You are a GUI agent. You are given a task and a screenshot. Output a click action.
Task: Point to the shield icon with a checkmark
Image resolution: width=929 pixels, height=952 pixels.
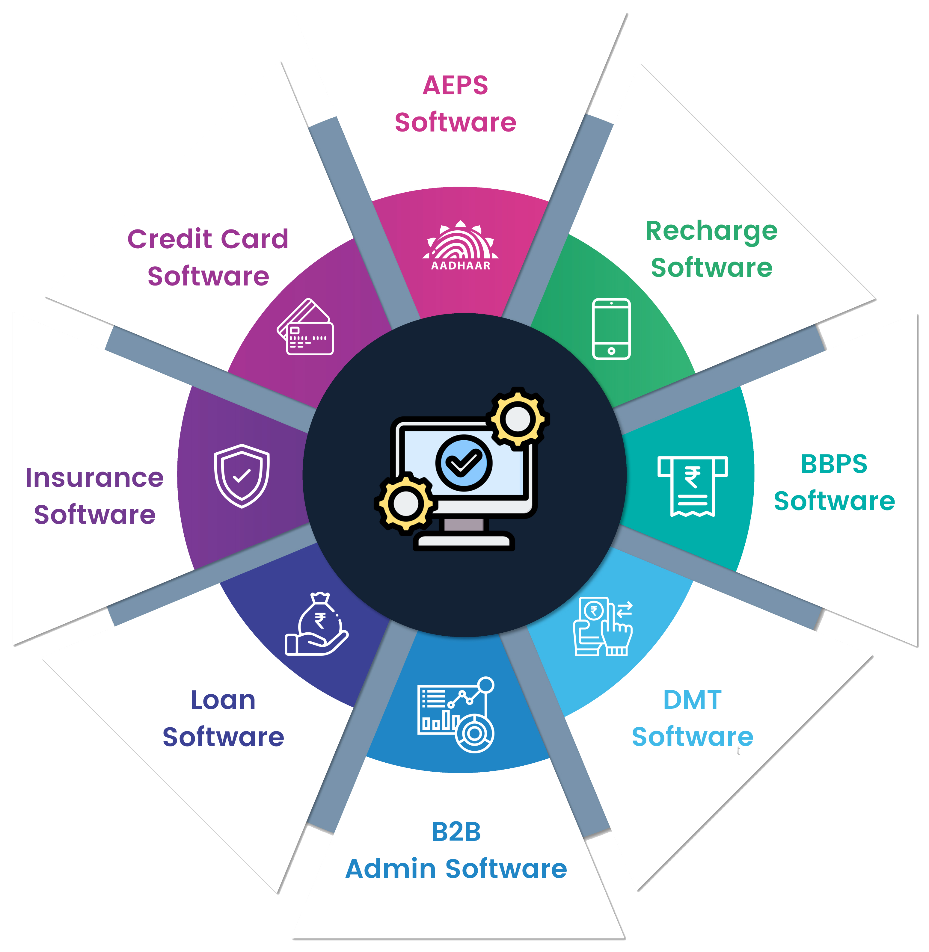click(242, 475)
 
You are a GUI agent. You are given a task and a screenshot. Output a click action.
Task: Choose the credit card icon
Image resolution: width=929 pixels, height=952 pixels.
click(306, 327)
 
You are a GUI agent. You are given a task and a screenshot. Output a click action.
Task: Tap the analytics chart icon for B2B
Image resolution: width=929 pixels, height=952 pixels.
click(456, 714)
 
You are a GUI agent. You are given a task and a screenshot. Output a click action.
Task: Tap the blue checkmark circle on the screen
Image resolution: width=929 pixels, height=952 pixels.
click(464, 462)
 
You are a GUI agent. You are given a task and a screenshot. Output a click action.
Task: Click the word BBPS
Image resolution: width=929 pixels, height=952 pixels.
click(834, 464)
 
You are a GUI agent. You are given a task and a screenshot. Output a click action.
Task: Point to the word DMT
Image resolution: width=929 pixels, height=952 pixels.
click(692, 699)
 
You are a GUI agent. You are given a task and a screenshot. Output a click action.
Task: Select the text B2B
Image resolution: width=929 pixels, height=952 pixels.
click(456, 832)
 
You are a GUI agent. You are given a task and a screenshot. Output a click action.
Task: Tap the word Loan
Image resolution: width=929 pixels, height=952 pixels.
click(223, 700)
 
